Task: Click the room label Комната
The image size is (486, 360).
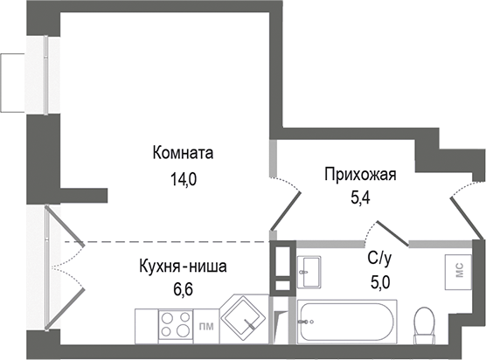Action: pos(183,153)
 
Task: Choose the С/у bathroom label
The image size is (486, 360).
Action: pos(378,259)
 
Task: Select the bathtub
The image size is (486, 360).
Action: pos(347,322)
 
